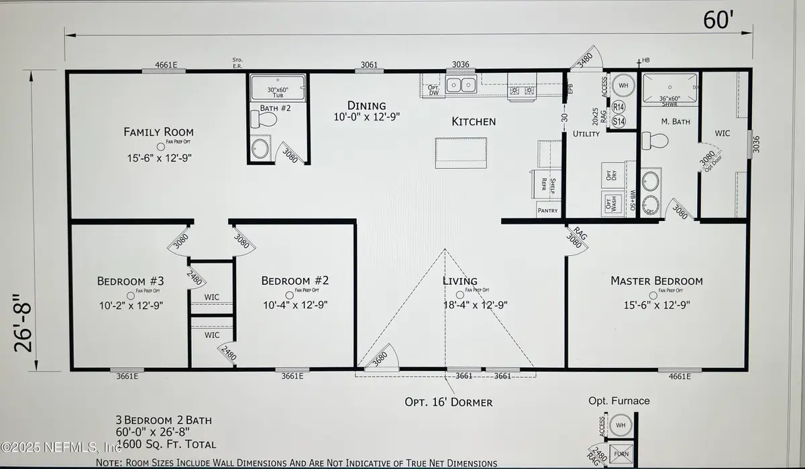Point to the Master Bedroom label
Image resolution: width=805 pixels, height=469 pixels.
(x=656, y=281)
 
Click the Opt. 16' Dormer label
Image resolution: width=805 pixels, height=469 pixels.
(x=448, y=403)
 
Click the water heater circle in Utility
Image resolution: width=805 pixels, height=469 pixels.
(x=622, y=86)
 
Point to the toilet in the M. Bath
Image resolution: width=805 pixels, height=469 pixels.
(x=653, y=141)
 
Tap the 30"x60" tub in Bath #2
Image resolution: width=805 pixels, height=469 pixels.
(x=277, y=87)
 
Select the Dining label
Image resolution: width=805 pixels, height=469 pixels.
(x=366, y=106)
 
